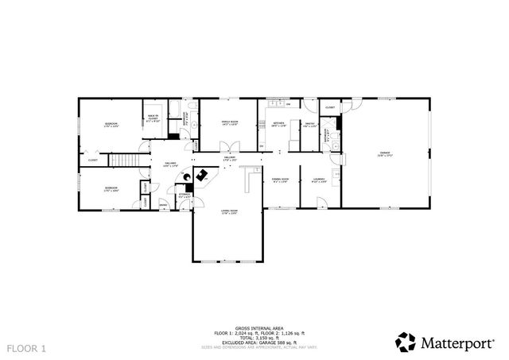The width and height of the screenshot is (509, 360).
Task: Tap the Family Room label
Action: [x=230, y=122]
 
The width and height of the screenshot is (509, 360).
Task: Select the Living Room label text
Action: [x=229, y=211]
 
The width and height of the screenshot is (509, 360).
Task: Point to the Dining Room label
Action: [x=279, y=181]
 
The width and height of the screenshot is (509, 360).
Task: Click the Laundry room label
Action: [x=318, y=181]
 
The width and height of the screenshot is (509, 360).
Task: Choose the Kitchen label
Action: [x=278, y=124]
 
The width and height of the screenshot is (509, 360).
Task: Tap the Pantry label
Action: [x=310, y=124]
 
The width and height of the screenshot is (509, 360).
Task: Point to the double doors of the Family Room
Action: [x=229, y=146]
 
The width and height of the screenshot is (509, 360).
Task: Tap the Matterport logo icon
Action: [x=406, y=342]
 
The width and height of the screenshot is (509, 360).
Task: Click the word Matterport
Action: [x=457, y=343]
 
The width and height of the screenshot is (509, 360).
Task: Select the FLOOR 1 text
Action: [x=27, y=348]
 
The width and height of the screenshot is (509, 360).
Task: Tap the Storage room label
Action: [x=185, y=195]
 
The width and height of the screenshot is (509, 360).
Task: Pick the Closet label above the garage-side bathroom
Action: [x=330, y=106]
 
